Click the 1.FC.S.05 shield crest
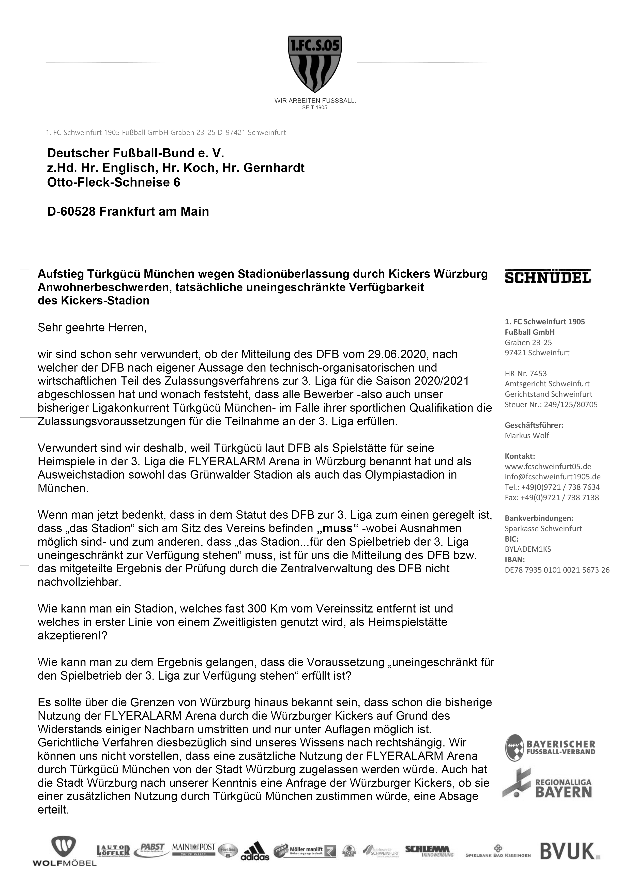314,64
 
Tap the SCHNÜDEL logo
548,276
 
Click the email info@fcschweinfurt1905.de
553,477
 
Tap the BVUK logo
570,851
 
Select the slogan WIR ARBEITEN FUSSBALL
314,101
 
